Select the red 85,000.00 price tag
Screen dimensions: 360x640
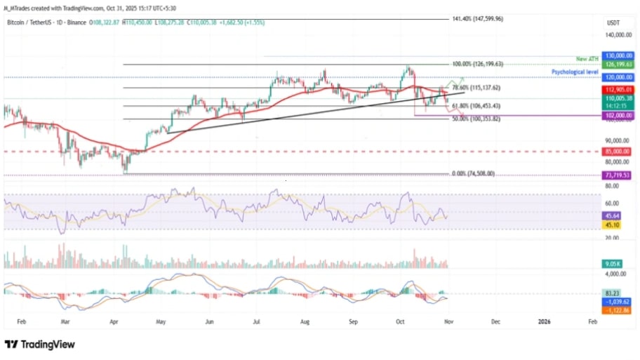618,152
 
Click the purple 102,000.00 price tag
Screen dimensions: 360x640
618,115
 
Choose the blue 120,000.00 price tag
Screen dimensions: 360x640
618,76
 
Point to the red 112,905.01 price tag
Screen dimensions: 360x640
618,90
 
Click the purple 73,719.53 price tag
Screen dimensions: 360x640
618,175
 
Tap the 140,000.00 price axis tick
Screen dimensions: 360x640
618,34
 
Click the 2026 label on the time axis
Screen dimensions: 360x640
544,321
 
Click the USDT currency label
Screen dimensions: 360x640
613,22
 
